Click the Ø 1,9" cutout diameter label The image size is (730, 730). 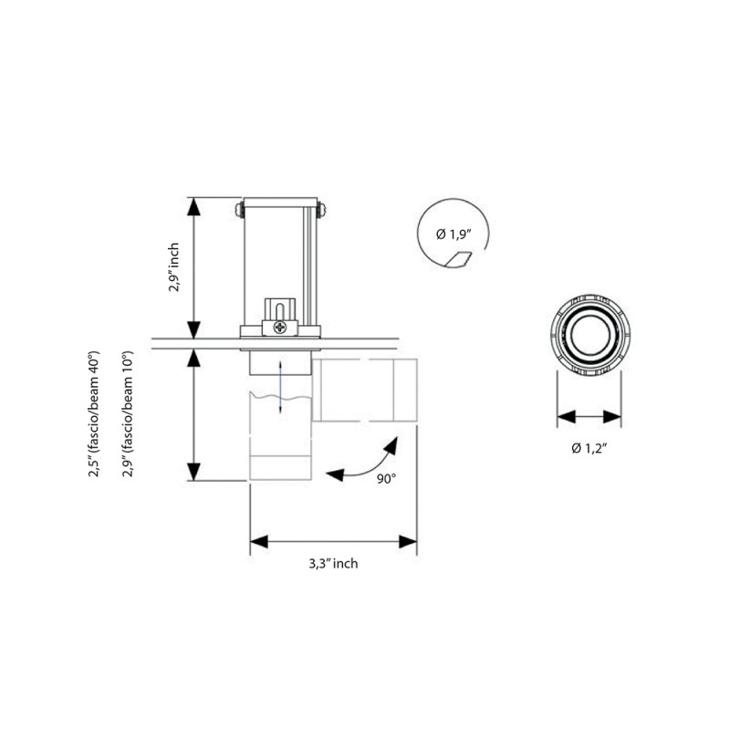pyautogui.click(x=454, y=235)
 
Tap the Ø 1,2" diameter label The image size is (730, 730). pyautogui.click(x=589, y=447)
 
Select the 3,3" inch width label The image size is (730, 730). pyautogui.click(x=333, y=564)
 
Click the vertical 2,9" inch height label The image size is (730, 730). pyautogui.click(x=174, y=267)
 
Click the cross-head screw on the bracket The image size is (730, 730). pyautogui.click(x=279, y=324)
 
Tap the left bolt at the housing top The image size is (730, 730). pyautogui.click(x=237, y=209)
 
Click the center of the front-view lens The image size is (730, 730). pyautogui.click(x=589, y=335)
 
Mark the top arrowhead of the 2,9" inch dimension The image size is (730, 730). pyautogui.click(x=193, y=206)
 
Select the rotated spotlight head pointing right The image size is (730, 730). pyautogui.click(x=369, y=391)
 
